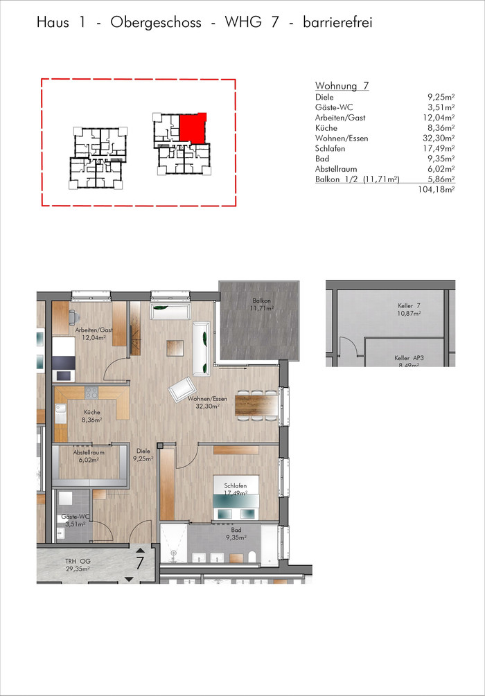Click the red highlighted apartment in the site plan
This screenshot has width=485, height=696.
pyautogui.click(x=193, y=128)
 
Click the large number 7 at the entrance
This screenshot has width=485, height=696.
pyautogui.click(x=139, y=563)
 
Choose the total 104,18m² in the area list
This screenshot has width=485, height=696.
pyautogui.click(x=436, y=190)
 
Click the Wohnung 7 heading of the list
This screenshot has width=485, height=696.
pyautogui.click(x=342, y=86)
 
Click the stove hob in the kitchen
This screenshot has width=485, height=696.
pyautogui.click(x=91, y=392)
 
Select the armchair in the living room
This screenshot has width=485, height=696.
pyautogui.click(x=182, y=389)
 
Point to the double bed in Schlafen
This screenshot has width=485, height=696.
pyautogui.click(x=236, y=497)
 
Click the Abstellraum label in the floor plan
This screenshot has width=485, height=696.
pyautogui.click(x=89, y=456)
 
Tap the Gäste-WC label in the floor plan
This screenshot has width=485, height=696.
pyautogui.click(x=76, y=520)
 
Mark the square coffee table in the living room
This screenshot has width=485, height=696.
pyautogui.click(x=175, y=348)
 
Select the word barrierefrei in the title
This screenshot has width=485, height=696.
pyautogui.click(x=337, y=22)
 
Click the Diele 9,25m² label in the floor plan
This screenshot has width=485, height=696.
pyautogui.click(x=143, y=455)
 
